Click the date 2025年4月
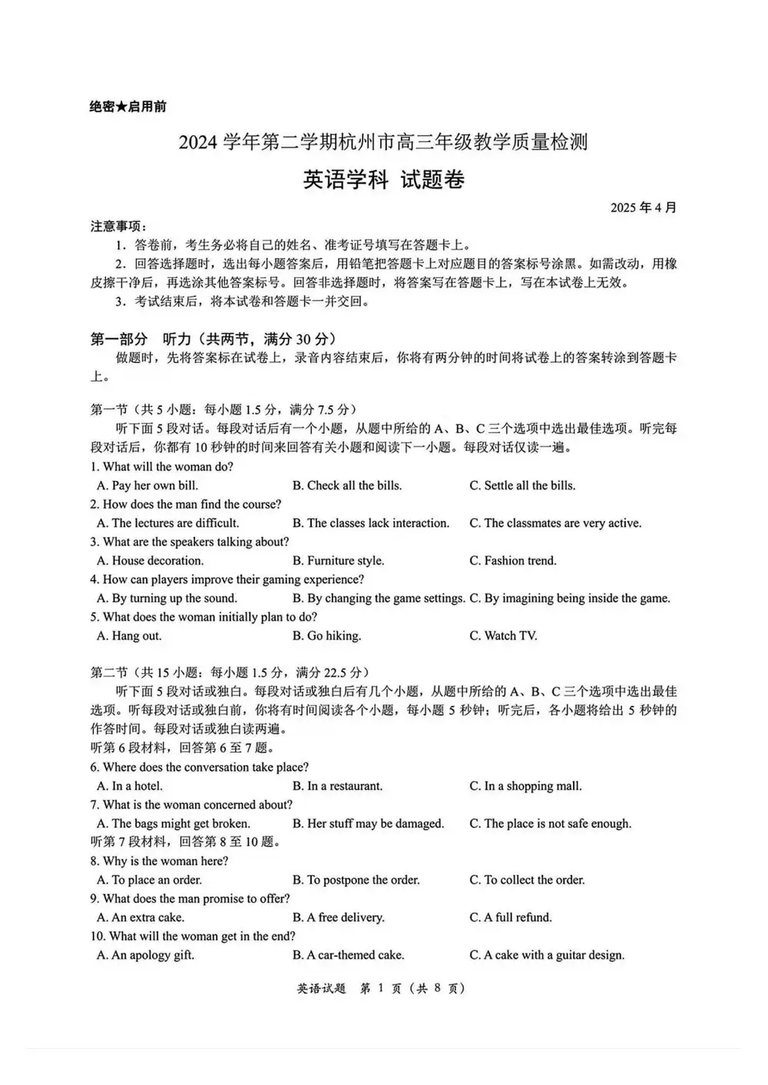pos(644,208)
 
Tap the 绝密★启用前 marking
pos(127,107)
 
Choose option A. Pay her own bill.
pos(147,486)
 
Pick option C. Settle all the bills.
pos(522,486)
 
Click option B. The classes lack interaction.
pos(370,523)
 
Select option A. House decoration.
pos(151,561)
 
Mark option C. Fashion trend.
pos(513,561)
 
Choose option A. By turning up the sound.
pos(167,599)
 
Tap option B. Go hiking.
pos(326,636)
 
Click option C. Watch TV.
pos(503,636)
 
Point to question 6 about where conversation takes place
pos(200,767)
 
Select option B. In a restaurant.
pos(337,787)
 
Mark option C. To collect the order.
pos(527,880)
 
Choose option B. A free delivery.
pos(338,918)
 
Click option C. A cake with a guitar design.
pos(547,955)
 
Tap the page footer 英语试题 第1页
pos(381,988)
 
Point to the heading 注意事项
pos(118,226)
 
